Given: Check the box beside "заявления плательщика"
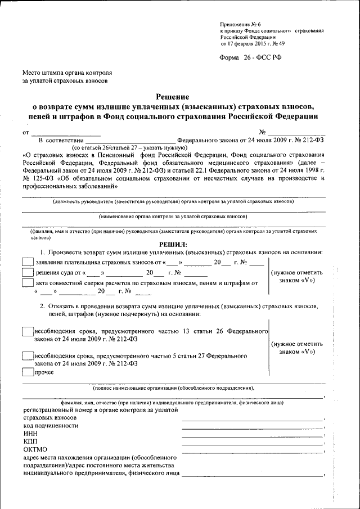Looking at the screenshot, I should pyautogui.click(x=27, y=262).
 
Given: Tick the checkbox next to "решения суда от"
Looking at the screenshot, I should pyautogui.click(x=27, y=273).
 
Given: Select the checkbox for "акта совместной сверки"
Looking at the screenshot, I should pyautogui.click(x=27, y=284).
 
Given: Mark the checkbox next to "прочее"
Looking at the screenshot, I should pyautogui.click(x=27, y=371).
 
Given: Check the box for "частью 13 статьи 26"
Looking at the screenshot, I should pyautogui.click(x=27, y=331).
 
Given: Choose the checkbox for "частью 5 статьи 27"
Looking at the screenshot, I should pyautogui.click(x=27, y=356).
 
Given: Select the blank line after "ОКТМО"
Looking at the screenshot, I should pyautogui.click(x=253, y=452).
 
